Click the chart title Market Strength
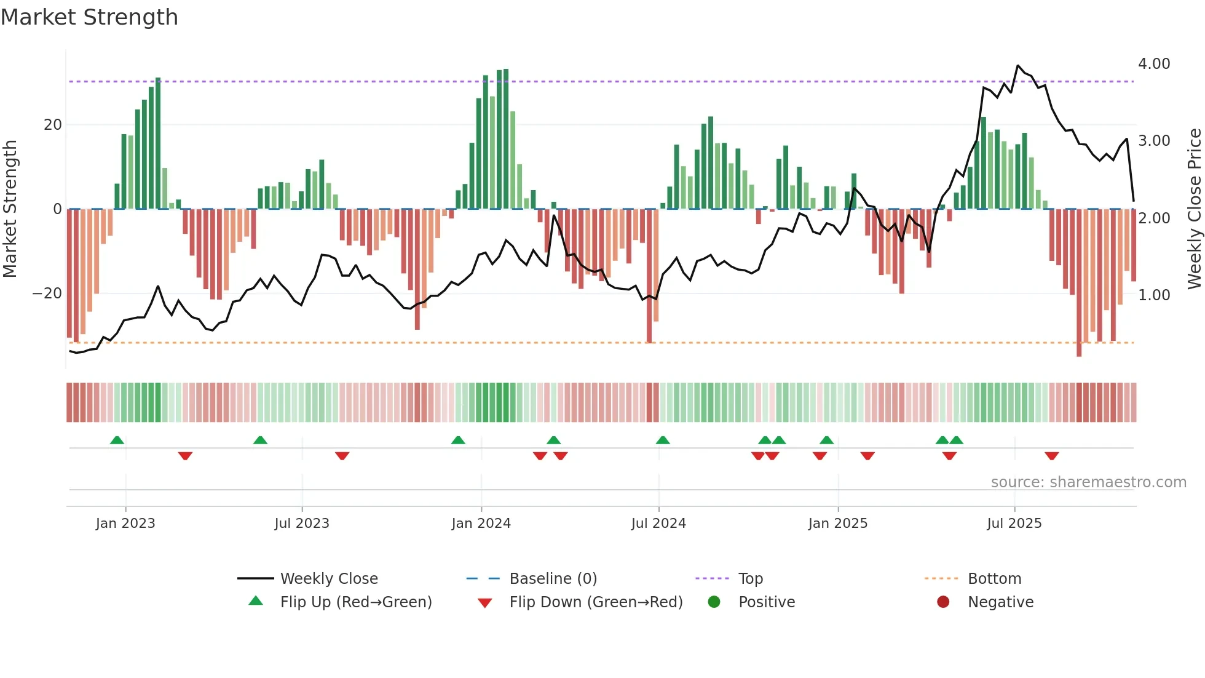89,17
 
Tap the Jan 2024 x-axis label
481,524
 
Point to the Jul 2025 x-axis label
1014,524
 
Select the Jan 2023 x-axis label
125,524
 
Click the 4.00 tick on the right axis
1153,64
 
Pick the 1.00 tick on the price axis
1153,295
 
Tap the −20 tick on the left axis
47,293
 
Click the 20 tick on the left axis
53,125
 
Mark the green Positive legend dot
714,602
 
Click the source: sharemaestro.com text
1088,482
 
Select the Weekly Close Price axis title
1194,209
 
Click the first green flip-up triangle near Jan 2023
117,440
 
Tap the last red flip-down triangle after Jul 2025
1051,456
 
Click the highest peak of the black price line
1018,66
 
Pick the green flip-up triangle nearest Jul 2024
662,440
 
